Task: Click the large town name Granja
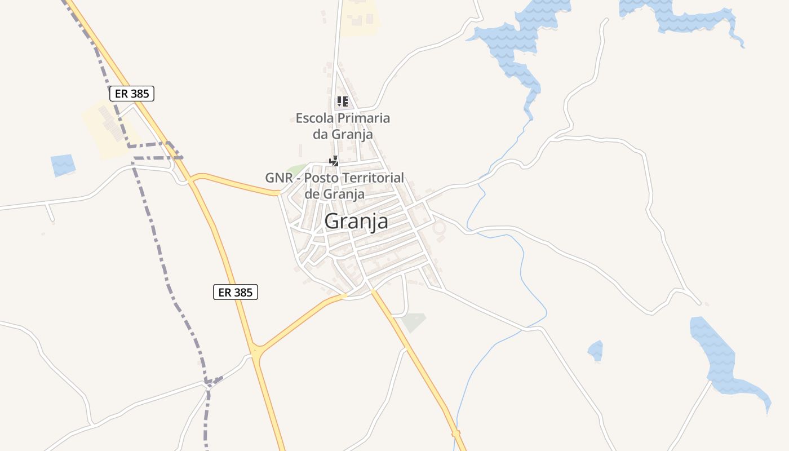[356, 221]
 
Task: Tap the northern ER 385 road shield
[132, 94]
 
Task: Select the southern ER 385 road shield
[236, 292]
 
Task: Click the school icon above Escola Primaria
[342, 101]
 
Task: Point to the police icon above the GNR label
[334, 161]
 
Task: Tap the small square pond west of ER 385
[63, 165]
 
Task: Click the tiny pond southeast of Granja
[596, 351]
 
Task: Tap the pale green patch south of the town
[414, 322]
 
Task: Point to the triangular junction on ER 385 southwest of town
[257, 350]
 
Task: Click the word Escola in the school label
[314, 118]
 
